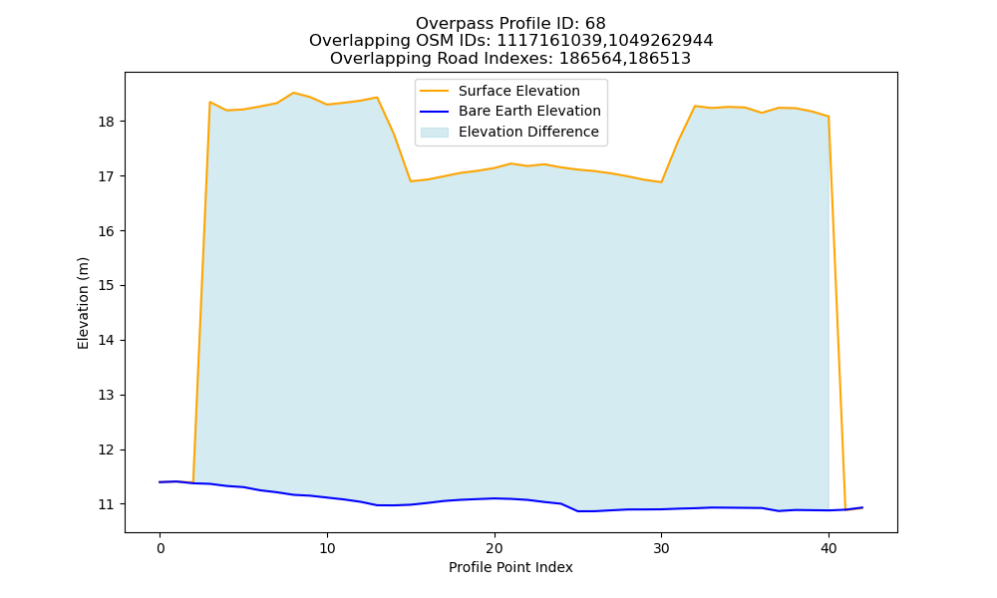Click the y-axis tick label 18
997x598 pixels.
[x=107, y=122]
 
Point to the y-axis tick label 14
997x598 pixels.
[x=107, y=340]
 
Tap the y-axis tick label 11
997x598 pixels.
[x=107, y=504]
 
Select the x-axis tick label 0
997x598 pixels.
[x=161, y=548]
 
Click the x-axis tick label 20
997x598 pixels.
[x=495, y=548]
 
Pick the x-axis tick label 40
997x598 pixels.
[x=829, y=548]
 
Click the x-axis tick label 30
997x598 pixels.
[x=661, y=548]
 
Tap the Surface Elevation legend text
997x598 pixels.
[x=518, y=91]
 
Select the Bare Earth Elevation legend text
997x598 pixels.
[x=529, y=112]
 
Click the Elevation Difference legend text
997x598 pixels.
[x=528, y=132]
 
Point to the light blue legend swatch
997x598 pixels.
[x=435, y=133]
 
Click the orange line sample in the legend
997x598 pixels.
[x=435, y=91]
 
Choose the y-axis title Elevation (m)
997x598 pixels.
[x=83, y=303]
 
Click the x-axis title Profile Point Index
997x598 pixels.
[x=510, y=567]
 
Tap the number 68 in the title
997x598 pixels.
[x=595, y=24]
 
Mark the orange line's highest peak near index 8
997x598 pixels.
[x=293, y=93]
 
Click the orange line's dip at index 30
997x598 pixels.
[x=661, y=182]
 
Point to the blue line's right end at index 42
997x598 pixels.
[x=862, y=507]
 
